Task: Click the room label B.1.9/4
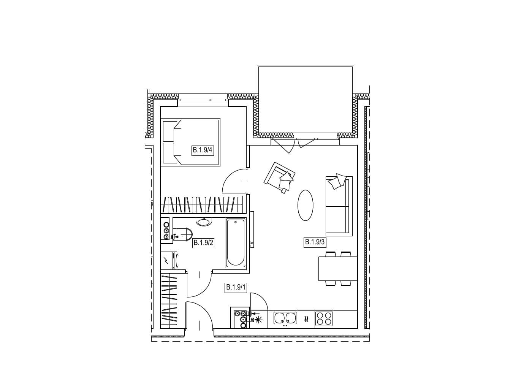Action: click(x=203, y=150)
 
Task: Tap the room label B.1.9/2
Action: click(x=203, y=242)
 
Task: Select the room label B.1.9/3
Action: click(x=315, y=242)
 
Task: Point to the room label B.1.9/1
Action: click(x=236, y=287)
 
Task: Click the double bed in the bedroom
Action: click(x=191, y=142)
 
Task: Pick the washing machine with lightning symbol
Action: click(x=169, y=260)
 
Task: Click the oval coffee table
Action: click(x=306, y=205)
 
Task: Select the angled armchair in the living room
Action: click(x=280, y=177)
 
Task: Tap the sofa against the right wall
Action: click(x=339, y=206)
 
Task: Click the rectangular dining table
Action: click(x=338, y=268)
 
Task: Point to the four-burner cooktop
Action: click(x=324, y=318)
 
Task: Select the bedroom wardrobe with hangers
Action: click(x=202, y=204)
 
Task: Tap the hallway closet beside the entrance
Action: click(x=169, y=301)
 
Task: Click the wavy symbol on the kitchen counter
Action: click(x=306, y=319)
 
